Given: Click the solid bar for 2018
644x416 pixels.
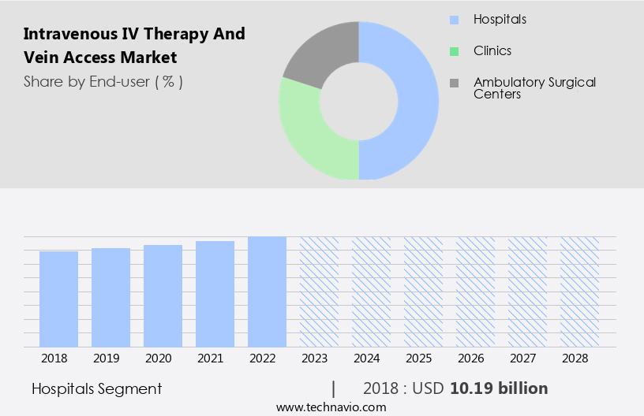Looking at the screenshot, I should [x=58, y=299].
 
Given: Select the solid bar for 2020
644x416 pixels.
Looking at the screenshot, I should [x=163, y=296].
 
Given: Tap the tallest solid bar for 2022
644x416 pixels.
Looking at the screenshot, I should [x=267, y=292].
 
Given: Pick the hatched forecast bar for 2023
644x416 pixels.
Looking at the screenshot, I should [x=319, y=292].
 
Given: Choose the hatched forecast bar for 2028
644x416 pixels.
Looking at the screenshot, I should [x=579, y=292].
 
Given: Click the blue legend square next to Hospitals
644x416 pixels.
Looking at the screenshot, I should [x=453, y=19].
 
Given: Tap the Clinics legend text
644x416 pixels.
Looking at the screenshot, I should [x=492, y=50].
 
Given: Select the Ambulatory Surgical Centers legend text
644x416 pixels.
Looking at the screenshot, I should [x=534, y=87].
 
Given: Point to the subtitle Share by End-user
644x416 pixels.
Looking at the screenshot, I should [x=103, y=81].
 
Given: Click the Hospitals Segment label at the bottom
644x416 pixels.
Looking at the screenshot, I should [x=97, y=388].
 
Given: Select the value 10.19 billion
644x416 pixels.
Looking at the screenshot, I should [x=499, y=388].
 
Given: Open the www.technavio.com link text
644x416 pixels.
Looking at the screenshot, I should [x=331, y=407].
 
